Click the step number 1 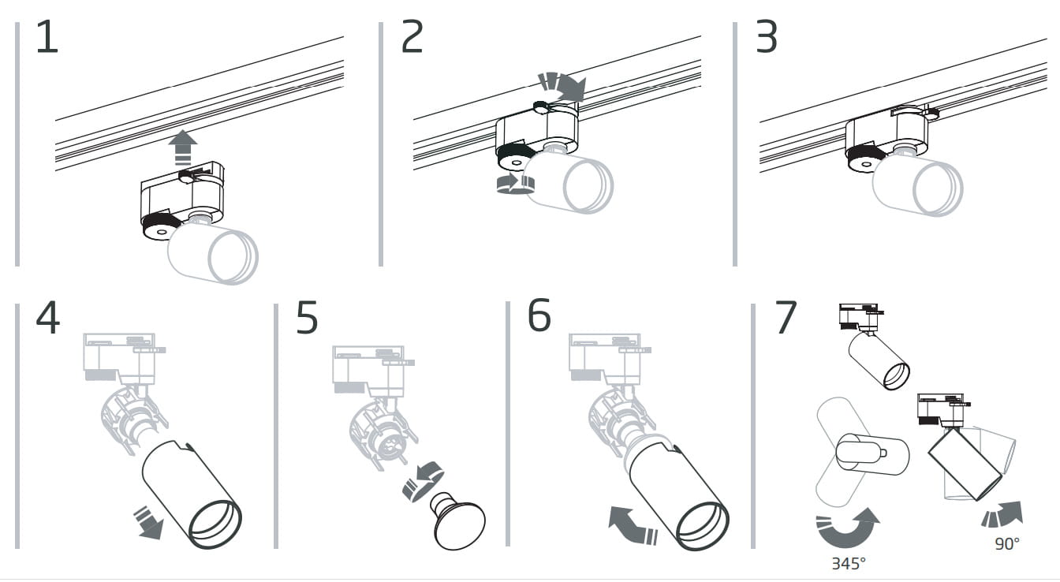tap(47, 38)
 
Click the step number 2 tap(412, 38)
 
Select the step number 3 tap(767, 38)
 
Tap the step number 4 tap(47, 319)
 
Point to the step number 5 tap(307, 319)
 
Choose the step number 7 tap(786, 317)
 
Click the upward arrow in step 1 tap(183, 147)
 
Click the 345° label tap(848, 564)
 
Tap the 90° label tap(1006, 543)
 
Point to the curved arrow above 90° tap(1002, 514)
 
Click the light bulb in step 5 tap(458, 520)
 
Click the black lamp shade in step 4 tap(192, 493)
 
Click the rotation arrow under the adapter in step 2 tap(513, 183)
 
